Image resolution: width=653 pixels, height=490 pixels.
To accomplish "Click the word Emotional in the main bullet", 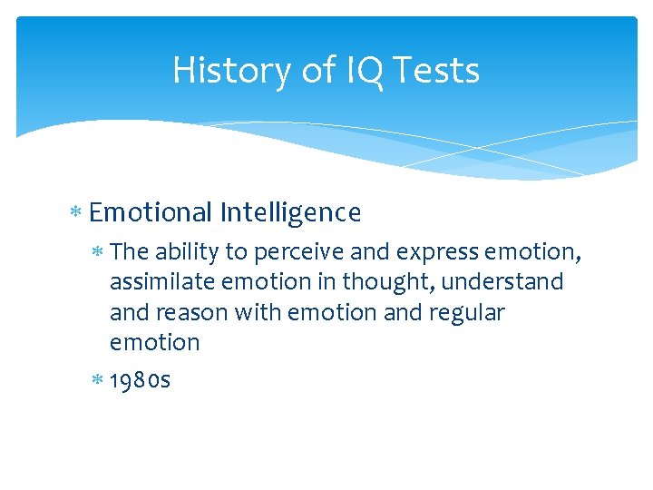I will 151,212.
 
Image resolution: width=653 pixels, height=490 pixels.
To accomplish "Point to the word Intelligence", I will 290,212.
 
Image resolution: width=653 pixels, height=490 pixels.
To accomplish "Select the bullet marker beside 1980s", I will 97,380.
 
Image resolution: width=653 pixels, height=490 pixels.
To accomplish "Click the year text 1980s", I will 140,379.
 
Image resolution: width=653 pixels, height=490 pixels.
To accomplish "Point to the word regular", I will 471,313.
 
